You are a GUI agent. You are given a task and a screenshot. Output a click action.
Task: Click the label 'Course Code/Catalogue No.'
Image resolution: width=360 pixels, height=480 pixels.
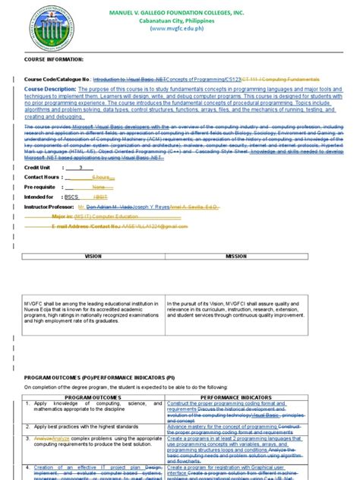[x=58, y=79]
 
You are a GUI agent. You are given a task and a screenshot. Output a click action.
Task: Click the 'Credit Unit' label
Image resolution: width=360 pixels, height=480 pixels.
[x=39, y=166]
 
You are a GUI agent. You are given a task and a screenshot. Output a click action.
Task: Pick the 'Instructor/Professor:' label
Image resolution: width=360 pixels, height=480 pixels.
[x=52, y=206]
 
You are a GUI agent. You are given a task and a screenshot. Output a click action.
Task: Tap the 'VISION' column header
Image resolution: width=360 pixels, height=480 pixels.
[x=93, y=257]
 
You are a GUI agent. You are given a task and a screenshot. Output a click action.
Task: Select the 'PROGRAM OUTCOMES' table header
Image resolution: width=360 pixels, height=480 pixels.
[x=93, y=396]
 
